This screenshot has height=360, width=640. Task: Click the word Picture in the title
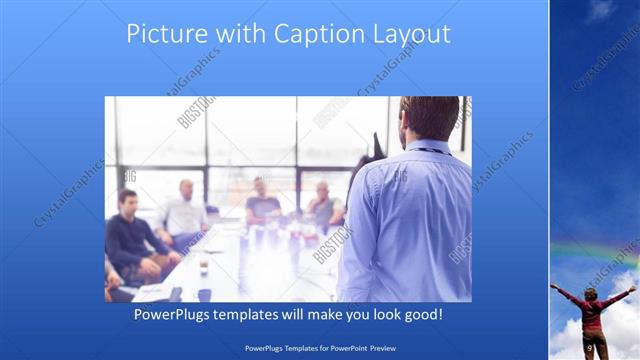coord(161,35)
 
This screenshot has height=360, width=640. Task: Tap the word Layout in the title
coord(411,35)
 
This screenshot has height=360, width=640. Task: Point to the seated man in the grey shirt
coord(323,205)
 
